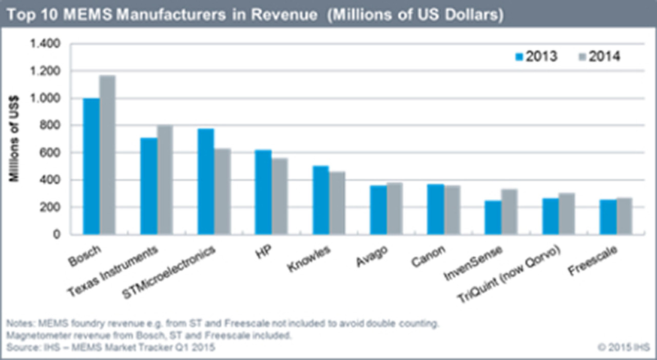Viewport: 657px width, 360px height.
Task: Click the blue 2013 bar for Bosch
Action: (92, 166)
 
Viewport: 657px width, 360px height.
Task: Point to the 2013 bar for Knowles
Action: (321, 200)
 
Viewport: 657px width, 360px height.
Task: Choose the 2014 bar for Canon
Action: (452, 210)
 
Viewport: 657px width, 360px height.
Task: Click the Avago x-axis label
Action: (372, 256)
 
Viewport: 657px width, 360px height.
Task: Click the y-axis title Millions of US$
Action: (16, 140)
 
